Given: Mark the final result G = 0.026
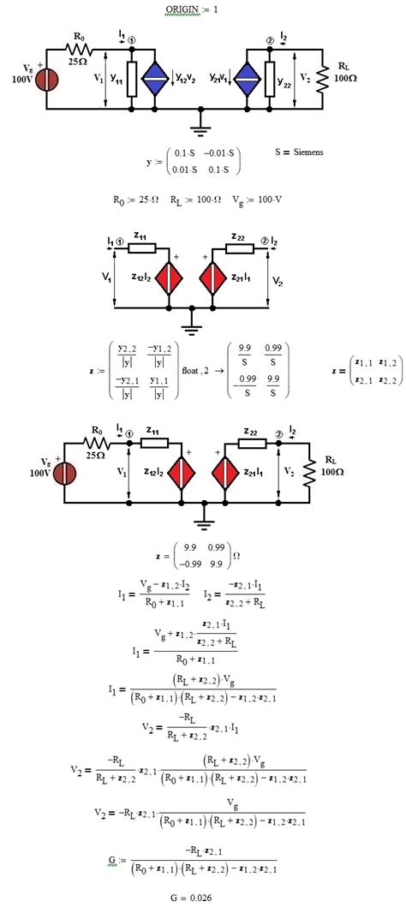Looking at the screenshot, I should [203, 896].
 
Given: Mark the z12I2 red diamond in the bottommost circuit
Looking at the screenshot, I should [181, 474].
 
